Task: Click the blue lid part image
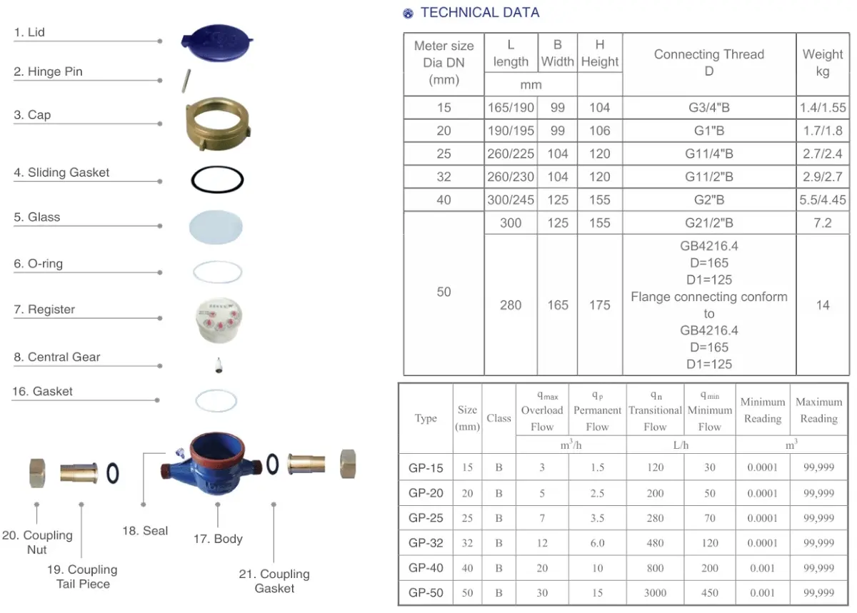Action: point(216,44)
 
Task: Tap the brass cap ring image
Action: point(218,123)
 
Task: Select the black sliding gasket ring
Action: point(217,179)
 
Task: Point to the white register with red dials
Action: point(219,320)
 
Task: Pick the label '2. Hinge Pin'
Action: point(49,71)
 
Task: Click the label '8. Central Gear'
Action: point(57,357)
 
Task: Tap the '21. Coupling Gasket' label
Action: point(274,581)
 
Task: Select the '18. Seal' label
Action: point(145,530)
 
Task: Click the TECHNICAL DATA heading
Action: point(480,13)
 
